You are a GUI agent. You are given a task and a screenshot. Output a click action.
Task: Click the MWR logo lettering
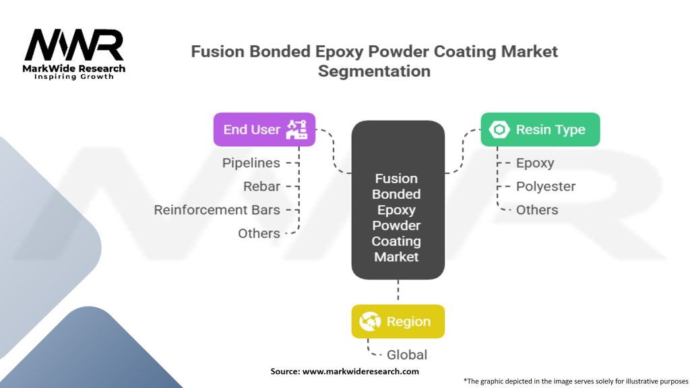[x=74, y=45]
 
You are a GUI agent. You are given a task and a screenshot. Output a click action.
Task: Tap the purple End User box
[x=264, y=129]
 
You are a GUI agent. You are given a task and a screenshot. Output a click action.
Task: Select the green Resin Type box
[x=540, y=129]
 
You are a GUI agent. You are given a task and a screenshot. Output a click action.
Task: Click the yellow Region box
[x=398, y=321]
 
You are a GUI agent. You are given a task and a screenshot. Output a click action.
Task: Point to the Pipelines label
[x=251, y=163]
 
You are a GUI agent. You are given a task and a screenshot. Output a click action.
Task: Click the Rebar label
[x=261, y=187]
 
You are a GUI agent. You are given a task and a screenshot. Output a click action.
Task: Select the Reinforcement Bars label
[x=217, y=210]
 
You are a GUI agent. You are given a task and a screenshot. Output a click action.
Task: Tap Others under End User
[x=259, y=233]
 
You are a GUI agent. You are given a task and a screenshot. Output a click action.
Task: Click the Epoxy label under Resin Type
[x=534, y=163]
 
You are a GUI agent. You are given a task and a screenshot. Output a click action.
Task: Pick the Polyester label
[x=546, y=187]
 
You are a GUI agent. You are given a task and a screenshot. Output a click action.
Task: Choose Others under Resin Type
[x=537, y=210]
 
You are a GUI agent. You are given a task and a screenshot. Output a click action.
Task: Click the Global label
[x=406, y=354]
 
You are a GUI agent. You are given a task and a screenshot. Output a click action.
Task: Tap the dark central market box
[x=398, y=199]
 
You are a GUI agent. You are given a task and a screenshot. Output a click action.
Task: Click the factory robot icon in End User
[x=296, y=129]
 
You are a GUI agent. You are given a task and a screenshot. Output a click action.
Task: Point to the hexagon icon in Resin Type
[x=499, y=129]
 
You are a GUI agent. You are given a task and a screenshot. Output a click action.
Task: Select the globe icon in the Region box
[x=370, y=321]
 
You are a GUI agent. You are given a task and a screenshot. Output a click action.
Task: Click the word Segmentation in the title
[x=374, y=71]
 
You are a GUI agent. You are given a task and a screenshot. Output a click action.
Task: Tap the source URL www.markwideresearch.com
[x=360, y=371]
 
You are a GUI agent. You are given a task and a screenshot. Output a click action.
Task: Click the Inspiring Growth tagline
[x=74, y=77]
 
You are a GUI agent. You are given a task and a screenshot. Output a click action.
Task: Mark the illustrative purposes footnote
[x=575, y=381]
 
